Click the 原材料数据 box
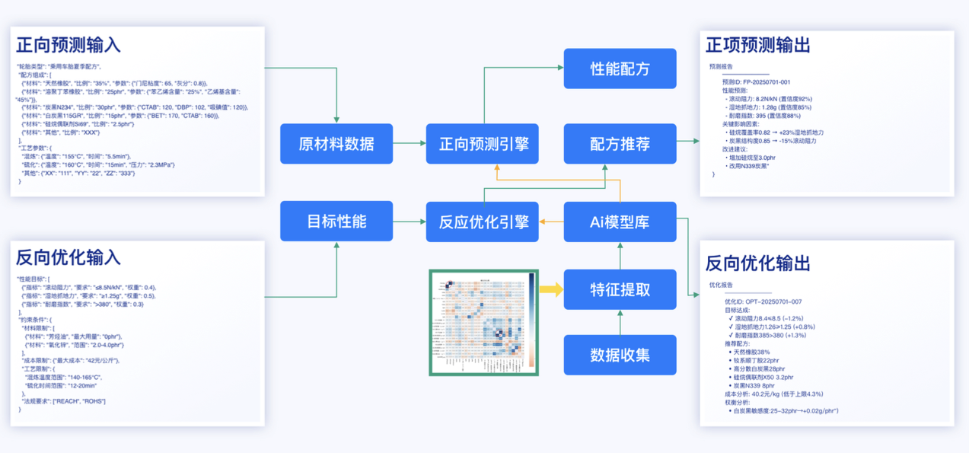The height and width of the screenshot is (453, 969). (336, 144)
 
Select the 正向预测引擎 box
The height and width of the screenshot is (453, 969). (483, 144)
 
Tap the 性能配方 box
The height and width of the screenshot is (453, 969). (620, 69)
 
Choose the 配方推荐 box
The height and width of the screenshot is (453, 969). (620, 144)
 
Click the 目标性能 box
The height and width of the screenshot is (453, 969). (336, 222)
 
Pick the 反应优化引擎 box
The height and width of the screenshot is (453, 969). (483, 222)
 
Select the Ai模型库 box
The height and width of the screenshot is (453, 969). (620, 222)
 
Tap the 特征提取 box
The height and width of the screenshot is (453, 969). (620, 289)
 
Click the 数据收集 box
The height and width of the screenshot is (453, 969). (620, 355)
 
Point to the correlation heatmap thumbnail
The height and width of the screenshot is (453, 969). (483, 322)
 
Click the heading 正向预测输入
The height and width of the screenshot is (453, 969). (69, 45)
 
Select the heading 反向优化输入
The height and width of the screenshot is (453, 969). (69, 257)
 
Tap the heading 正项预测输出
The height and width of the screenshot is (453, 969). (757, 45)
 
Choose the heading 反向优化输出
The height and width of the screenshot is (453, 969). (757, 263)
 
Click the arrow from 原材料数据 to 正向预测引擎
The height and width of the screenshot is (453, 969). (410, 143)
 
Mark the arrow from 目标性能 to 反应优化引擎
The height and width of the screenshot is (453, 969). (410, 222)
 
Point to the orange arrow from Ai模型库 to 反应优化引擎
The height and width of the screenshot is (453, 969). (551, 222)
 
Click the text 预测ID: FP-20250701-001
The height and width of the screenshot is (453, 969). (756, 82)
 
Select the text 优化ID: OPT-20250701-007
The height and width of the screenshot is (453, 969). (763, 301)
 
